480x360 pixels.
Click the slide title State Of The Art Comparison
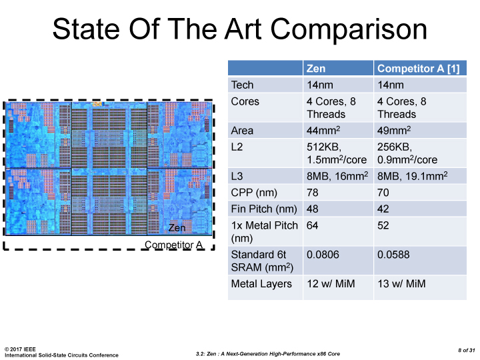(239, 30)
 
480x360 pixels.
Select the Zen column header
(316, 68)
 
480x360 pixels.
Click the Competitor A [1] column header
(412, 68)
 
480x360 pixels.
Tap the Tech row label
(242, 85)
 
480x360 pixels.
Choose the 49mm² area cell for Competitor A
(394, 130)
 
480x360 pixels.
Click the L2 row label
(237, 147)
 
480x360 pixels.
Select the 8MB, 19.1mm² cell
(411, 176)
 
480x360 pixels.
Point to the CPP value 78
(313, 193)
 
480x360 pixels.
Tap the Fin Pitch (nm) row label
(263, 209)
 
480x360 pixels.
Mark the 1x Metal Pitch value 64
(313, 225)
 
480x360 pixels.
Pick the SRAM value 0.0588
(393, 254)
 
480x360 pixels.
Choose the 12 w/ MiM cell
(331, 283)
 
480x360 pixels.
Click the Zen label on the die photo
(177, 227)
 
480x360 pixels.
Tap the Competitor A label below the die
(173, 245)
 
